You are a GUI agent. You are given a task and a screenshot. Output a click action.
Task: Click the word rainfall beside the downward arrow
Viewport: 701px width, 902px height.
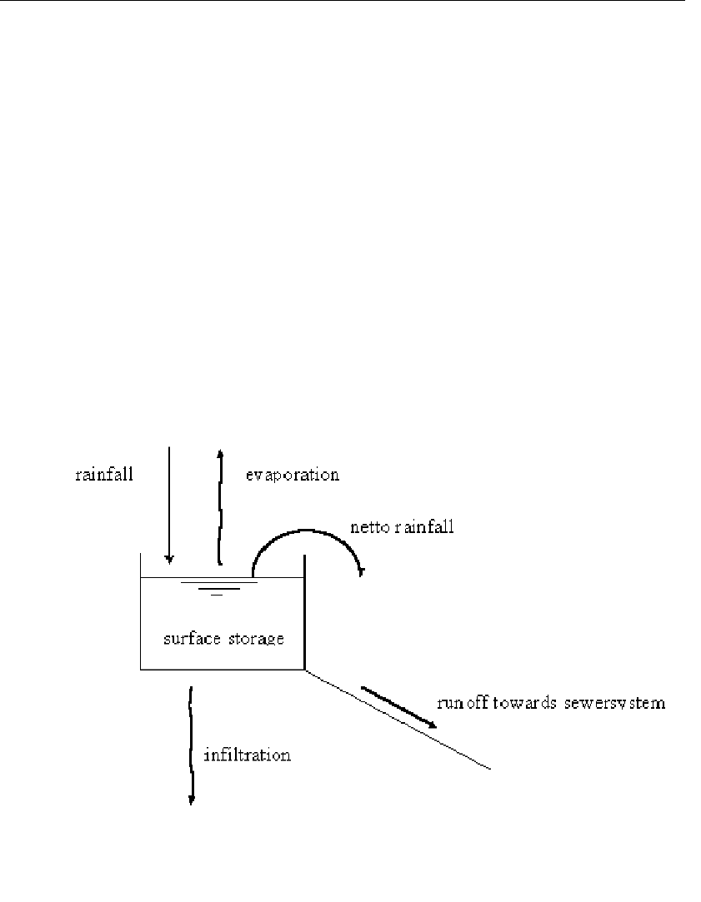104,475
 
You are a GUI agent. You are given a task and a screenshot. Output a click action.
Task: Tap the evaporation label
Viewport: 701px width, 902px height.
292,475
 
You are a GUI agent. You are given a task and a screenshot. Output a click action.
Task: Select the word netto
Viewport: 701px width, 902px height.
369,527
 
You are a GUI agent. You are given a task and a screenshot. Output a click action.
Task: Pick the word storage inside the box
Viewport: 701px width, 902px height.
257,640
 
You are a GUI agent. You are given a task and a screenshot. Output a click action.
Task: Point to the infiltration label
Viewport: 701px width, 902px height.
248,756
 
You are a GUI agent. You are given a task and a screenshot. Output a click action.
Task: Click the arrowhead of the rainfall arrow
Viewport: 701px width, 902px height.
169,559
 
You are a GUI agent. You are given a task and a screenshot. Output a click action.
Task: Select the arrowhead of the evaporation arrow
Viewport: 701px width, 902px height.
220,452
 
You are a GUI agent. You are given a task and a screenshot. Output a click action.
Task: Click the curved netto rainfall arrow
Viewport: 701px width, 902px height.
304,532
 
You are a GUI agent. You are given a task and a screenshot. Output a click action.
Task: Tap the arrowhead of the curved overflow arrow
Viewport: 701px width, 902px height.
360,571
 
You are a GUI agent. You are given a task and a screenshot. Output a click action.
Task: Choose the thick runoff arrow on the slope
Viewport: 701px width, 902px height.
398,707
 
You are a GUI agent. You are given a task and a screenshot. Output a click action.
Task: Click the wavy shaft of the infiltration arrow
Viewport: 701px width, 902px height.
192,741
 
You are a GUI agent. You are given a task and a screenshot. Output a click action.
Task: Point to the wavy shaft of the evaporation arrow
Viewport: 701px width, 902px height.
221,508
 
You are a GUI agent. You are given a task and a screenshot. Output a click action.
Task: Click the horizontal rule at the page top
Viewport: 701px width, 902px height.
350,2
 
